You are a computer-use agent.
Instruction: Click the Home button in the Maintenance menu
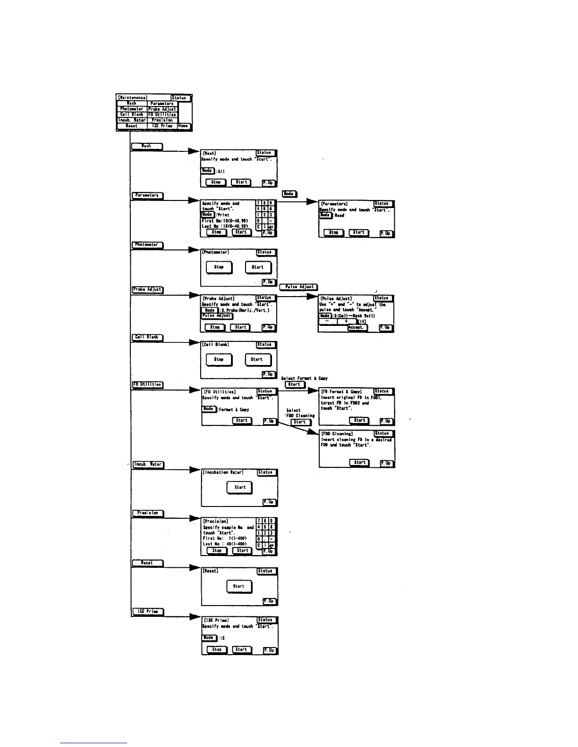pos(183,126)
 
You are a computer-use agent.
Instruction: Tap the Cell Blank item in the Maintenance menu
pos(132,115)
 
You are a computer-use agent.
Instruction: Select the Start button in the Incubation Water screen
pos(239,487)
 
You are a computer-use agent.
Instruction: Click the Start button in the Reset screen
pos(238,586)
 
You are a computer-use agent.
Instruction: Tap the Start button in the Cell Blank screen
pos(257,359)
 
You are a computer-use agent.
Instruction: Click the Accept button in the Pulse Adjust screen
pos(357,327)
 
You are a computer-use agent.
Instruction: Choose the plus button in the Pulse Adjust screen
pos(347,321)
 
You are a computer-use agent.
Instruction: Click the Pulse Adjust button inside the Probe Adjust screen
pos(217,316)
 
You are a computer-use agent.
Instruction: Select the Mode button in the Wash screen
pos(207,170)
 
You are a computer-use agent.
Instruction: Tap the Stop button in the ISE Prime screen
pos(216,649)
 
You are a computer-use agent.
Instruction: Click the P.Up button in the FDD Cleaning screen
pos(386,463)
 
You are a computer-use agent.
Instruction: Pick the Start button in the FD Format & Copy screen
pos(359,420)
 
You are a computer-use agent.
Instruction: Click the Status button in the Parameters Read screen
pos(382,204)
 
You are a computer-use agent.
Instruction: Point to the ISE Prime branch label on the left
pos(147,612)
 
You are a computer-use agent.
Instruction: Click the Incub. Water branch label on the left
pos(148,465)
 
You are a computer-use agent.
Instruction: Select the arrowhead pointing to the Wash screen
pos(194,151)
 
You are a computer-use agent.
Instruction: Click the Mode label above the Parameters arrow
pos(289,193)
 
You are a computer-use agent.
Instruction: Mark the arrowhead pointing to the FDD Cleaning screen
pos(314,432)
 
